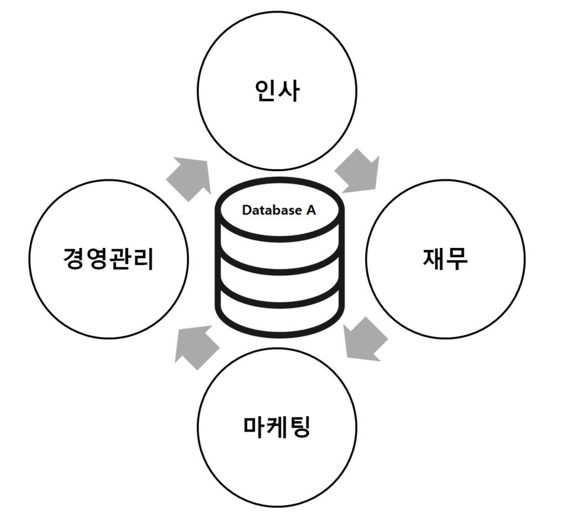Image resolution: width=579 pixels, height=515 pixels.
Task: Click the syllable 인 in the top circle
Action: pos(266,91)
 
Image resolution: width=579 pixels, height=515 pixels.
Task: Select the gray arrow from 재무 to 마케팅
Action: pos(364,339)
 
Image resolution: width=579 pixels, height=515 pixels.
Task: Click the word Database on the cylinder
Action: pos(271,210)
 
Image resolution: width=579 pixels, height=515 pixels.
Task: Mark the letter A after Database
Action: pos(311,210)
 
